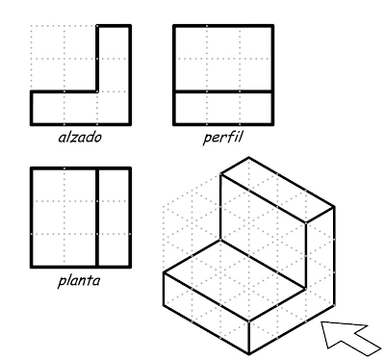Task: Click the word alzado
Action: tap(80, 137)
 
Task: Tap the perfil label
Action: tap(222, 137)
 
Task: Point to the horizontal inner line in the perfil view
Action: tap(222, 91)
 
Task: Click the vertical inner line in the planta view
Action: tap(96, 218)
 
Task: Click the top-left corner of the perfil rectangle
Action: tap(174, 26)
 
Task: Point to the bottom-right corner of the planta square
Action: tap(129, 268)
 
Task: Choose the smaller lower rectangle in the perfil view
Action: tap(222, 108)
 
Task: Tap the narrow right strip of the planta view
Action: tap(113, 218)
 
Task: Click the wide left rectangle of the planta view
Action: tap(64, 218)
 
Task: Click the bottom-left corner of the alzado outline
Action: tap(31, 124)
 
